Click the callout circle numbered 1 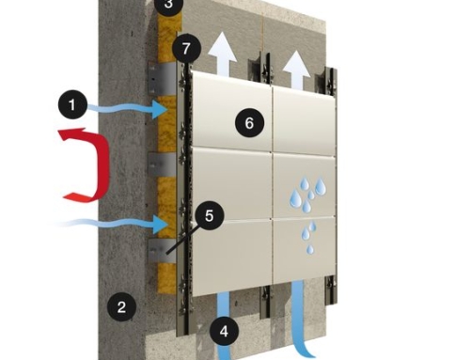[72, 104]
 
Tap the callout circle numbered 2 [121, 306]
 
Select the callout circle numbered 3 [169, 5]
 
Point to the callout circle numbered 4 [224, 332]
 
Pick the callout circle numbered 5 [209, 216]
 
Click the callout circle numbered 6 [249, 123]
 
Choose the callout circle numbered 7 [186, 49]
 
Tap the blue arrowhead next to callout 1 [160, 109]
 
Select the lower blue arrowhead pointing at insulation [160, 225]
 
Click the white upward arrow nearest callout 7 [223, 54]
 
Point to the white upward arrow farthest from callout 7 [296, 69]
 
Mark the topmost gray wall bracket [162, 78]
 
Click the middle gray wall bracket [162, 164]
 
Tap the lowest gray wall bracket [162, 251]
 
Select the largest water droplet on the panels [321, 186]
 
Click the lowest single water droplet [309, 249]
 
